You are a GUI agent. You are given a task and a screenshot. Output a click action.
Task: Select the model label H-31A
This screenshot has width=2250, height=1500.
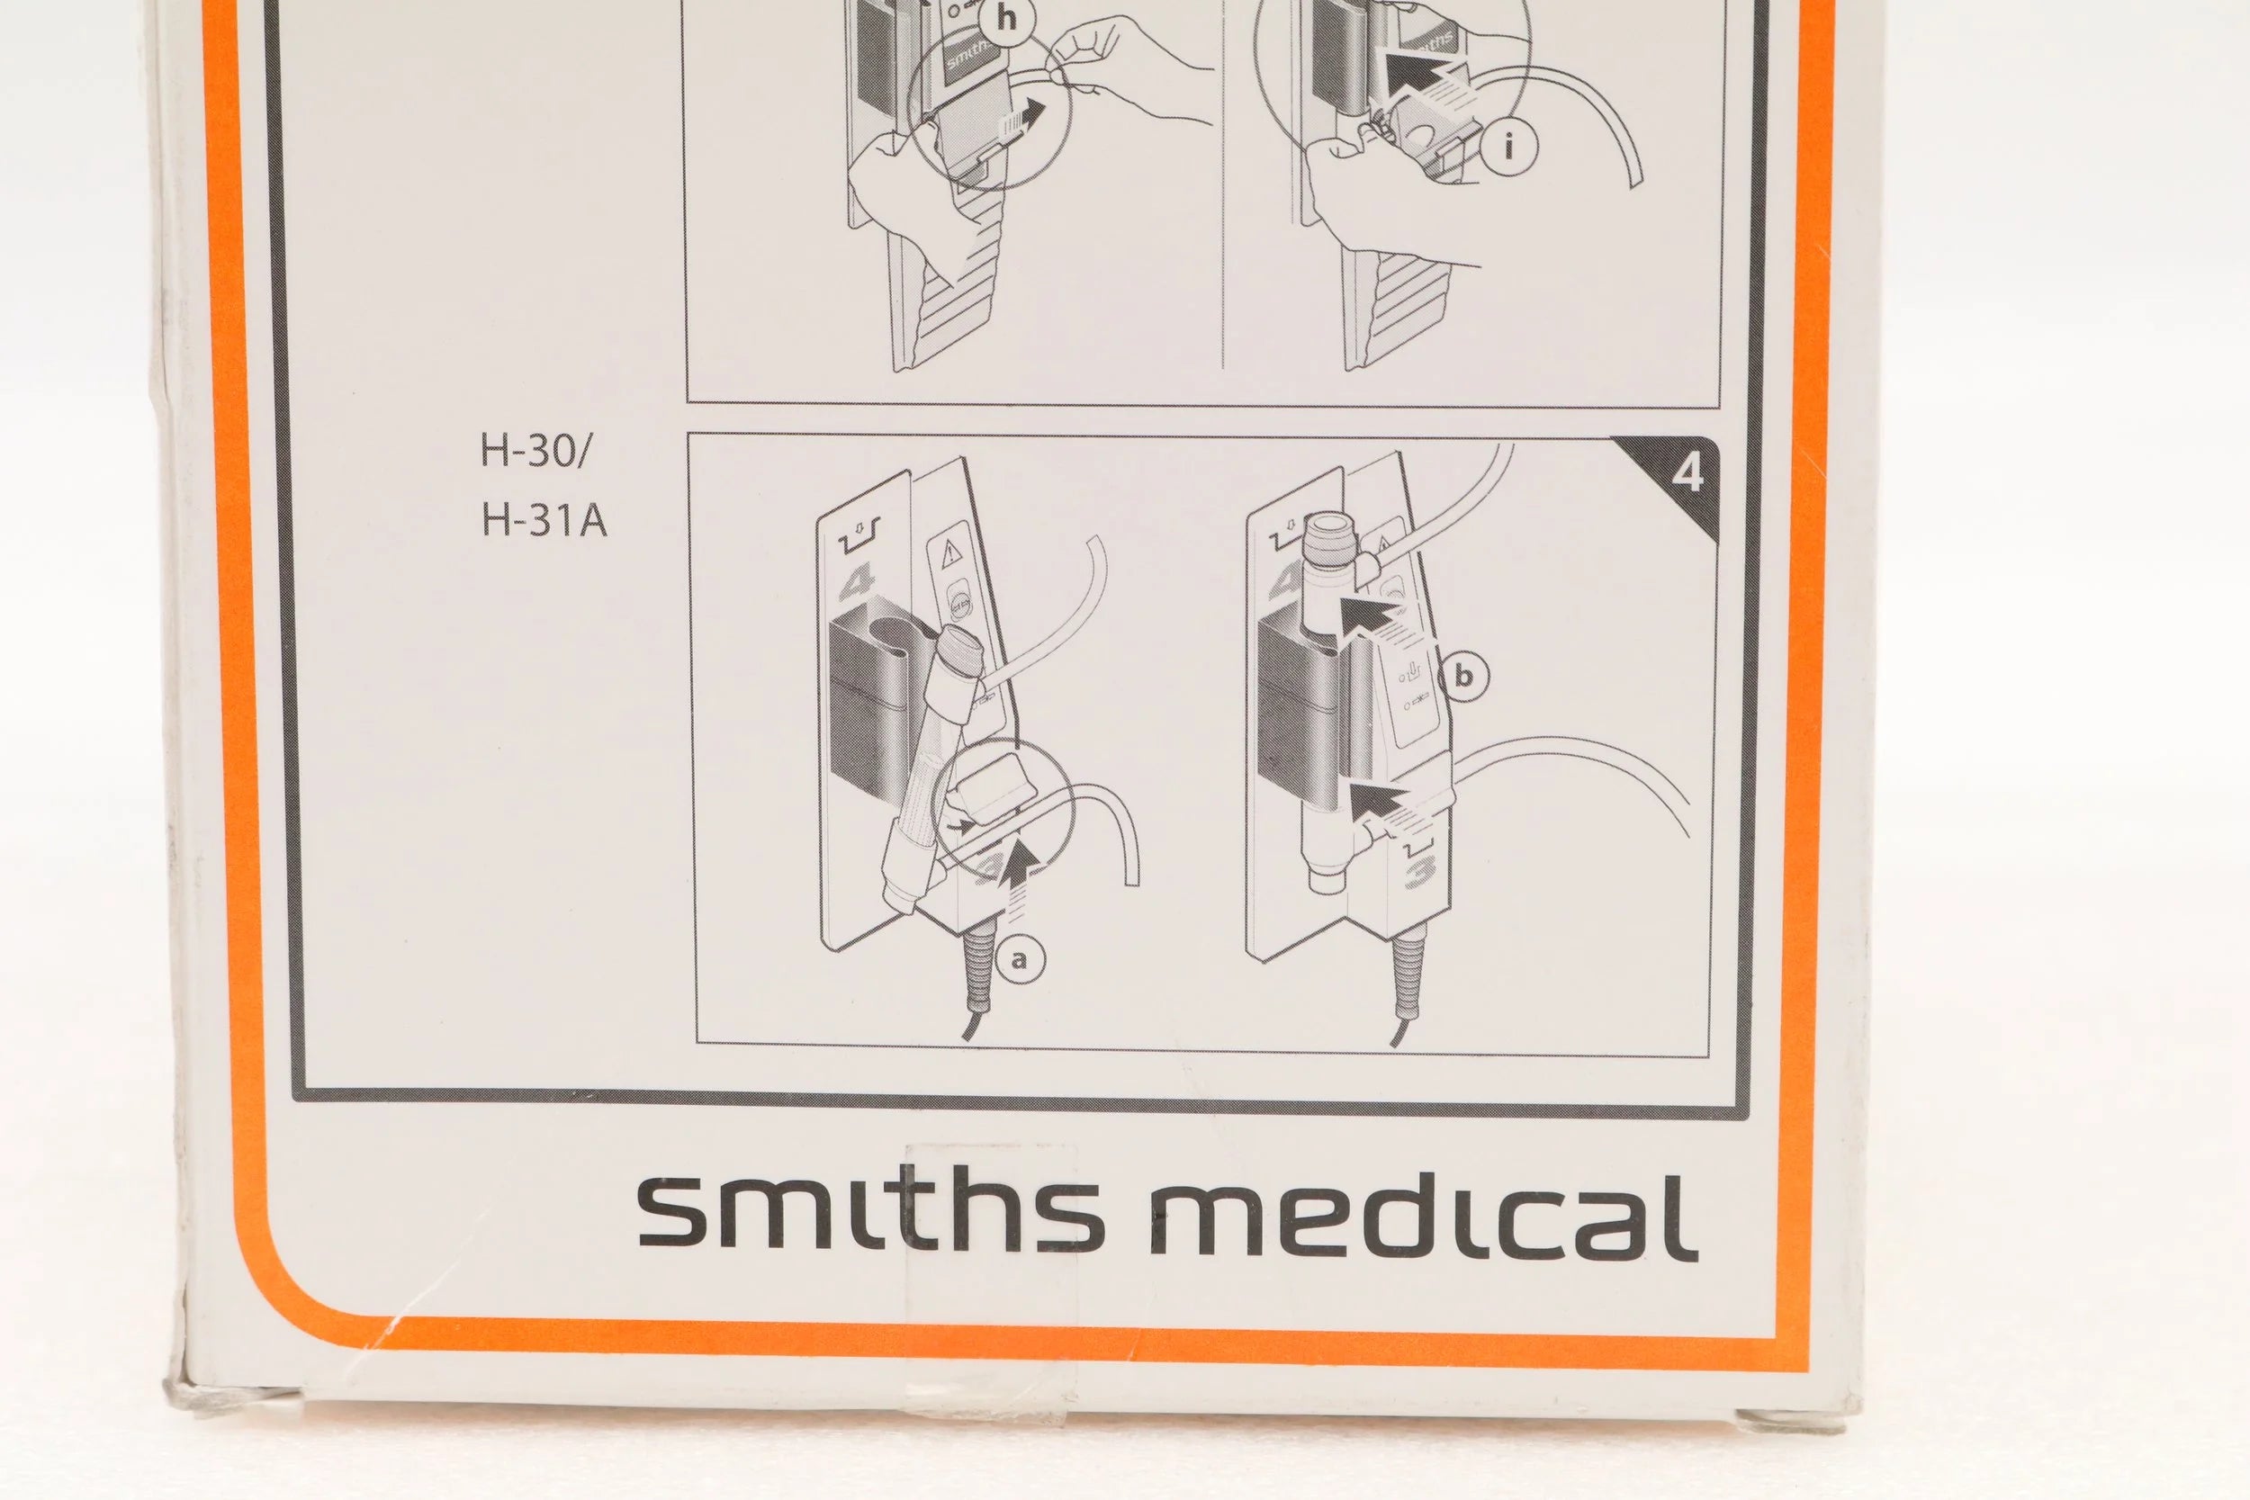point(544,521)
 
